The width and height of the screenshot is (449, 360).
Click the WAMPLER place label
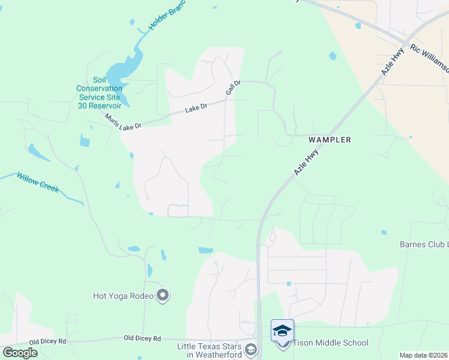coord(329,139)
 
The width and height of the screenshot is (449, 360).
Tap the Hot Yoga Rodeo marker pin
coord(163,295)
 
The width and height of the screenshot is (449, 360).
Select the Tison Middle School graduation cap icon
coord(282,331)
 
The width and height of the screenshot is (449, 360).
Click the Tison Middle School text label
coord(331,343)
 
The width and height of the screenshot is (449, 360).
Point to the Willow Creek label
coord(38,182)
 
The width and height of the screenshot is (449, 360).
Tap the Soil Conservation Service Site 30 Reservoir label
coord(100,92)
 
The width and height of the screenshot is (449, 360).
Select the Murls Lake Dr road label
coord(123,122)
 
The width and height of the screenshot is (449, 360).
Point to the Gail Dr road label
coord(233,88)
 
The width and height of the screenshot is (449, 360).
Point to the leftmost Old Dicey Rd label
coord(49,341)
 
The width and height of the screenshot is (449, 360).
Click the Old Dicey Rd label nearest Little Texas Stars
coord(142,338)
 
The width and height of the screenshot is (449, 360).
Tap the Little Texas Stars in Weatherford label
coord(210,351)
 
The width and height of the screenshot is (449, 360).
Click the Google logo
coord(20,353)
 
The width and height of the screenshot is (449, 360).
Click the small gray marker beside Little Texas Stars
coord(252,350)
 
